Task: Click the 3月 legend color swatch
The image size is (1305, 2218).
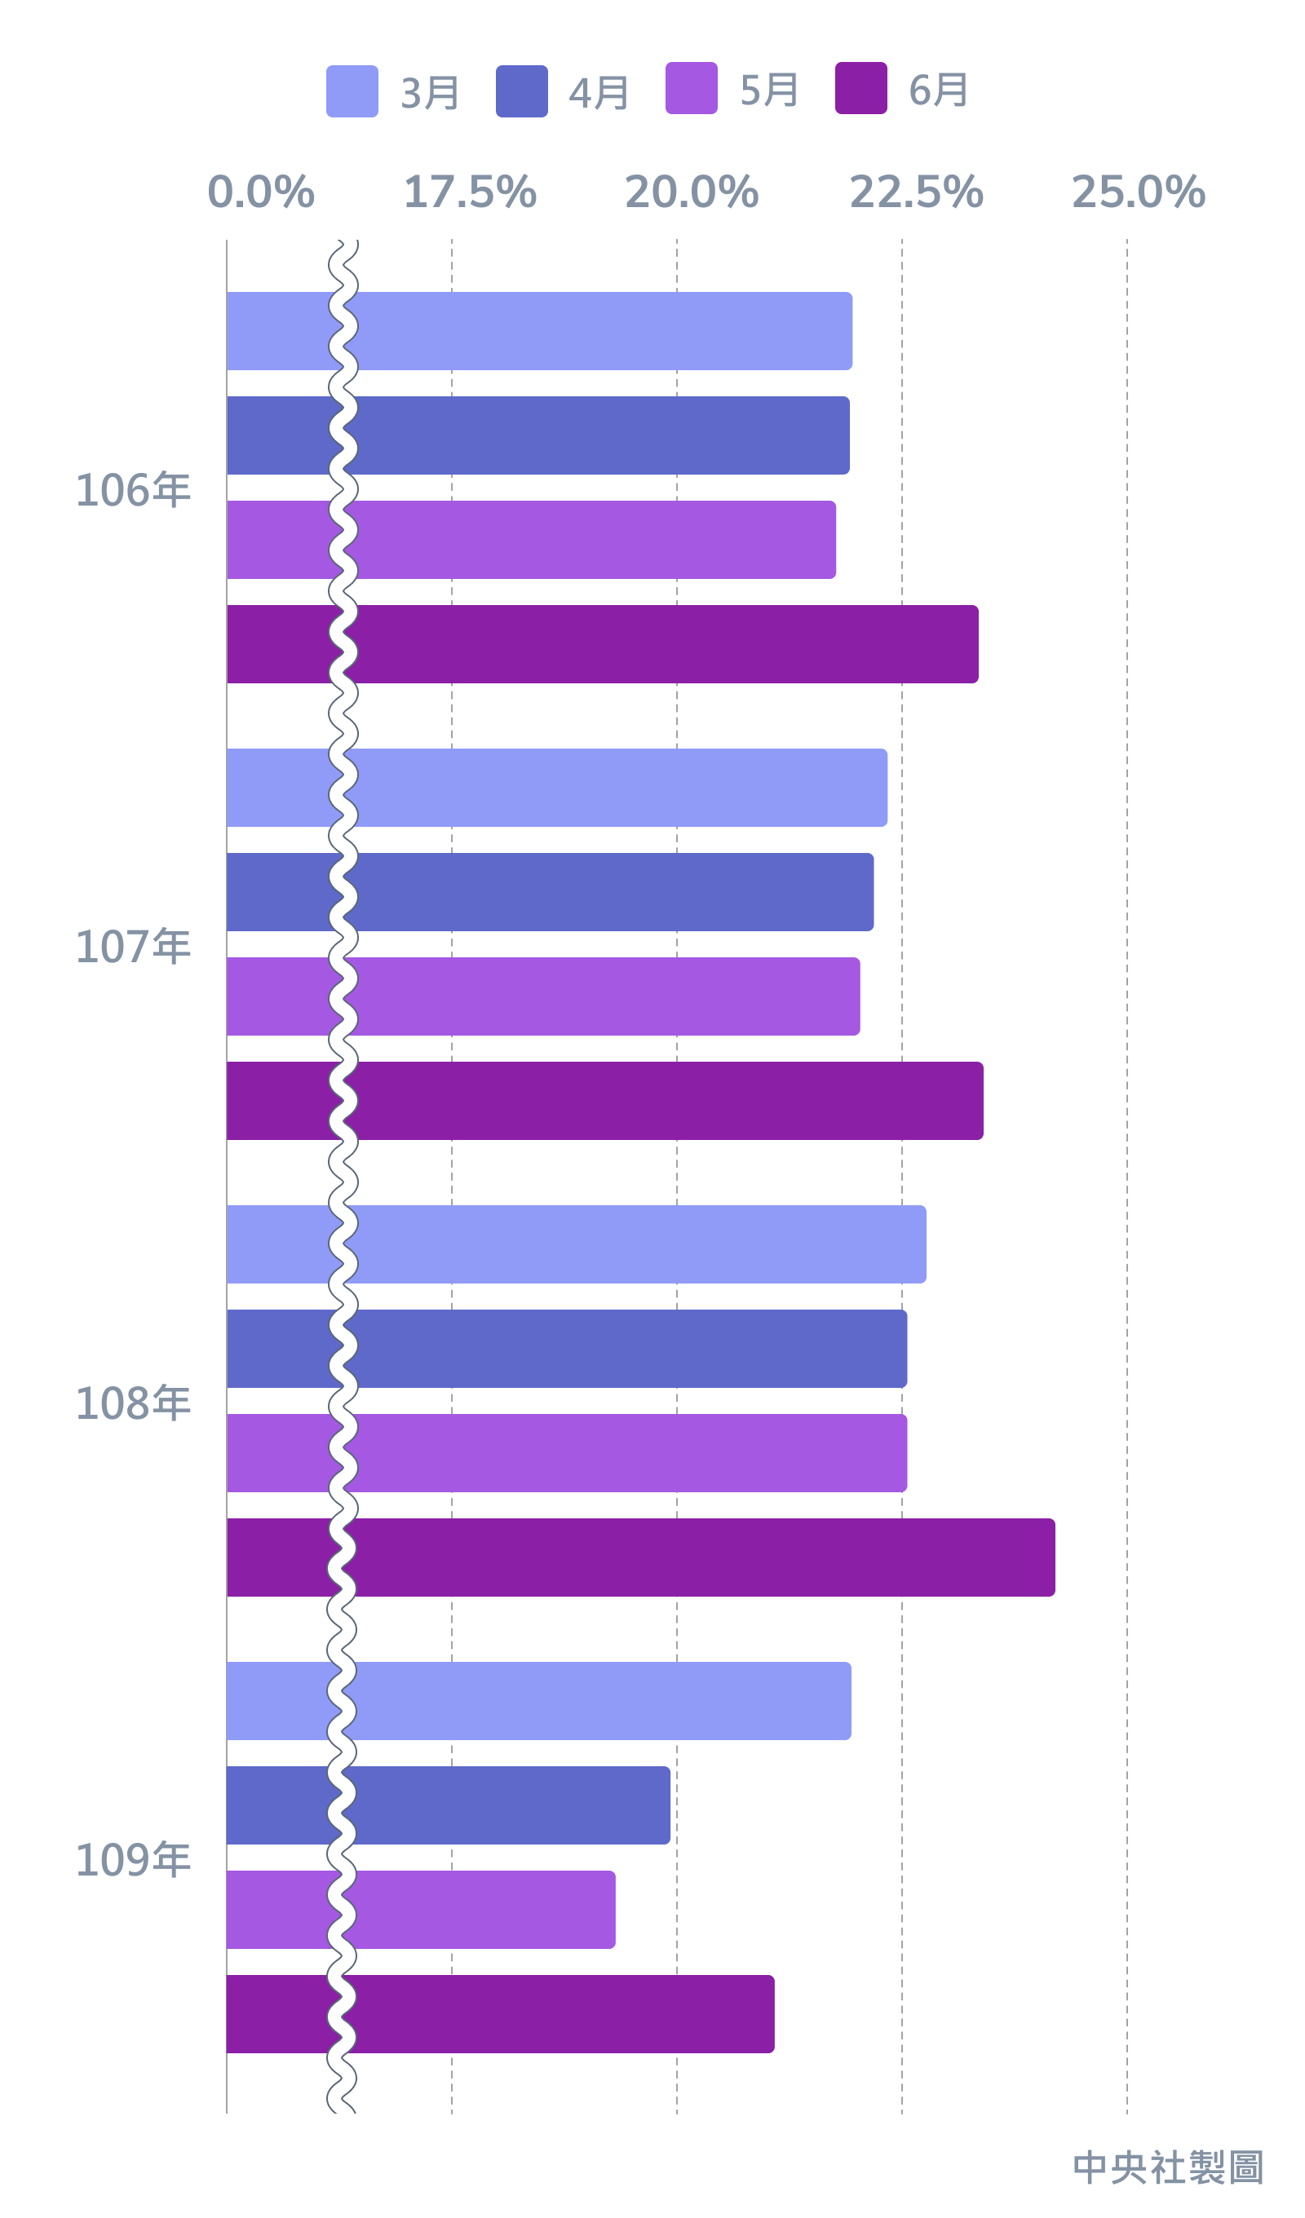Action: click(352, 91)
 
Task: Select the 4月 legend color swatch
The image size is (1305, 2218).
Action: click(521, 91)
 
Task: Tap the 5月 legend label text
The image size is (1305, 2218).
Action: click(769, 90)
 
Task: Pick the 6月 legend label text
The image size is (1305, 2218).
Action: click(939, 90)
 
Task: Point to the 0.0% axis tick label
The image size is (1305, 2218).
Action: click(261, 192)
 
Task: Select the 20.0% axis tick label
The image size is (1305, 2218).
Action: click(692, 192)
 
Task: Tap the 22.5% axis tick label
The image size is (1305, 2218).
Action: click(916, 192)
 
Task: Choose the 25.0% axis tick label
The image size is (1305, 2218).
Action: click(1138, 192)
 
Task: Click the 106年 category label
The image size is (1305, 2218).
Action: click(133, 490)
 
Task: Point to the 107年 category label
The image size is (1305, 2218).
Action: click(133, 947)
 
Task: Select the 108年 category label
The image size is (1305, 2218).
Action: click(133, 1404)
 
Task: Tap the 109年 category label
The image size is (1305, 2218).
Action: click(133, 1861)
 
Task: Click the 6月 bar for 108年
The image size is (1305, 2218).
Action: click(640, 1557)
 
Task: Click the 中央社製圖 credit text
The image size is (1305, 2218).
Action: click(1168, 2167)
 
